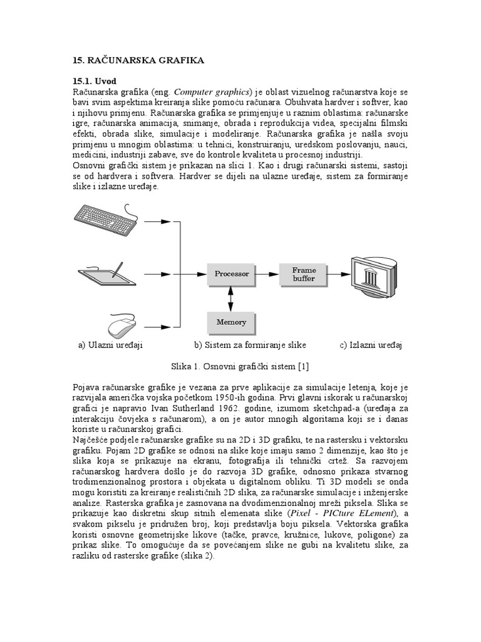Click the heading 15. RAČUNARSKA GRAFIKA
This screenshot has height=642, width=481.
(138, 60)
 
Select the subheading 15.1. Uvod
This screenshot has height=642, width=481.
(95, 81)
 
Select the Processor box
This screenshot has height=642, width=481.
(232, 274)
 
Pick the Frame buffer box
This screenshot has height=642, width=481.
(304, 274)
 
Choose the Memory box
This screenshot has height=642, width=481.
(231, 322)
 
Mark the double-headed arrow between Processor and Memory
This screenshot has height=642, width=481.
(231, 299)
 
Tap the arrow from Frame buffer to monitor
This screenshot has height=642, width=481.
(339, 274)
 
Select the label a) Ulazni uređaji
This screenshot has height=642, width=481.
(111, 345)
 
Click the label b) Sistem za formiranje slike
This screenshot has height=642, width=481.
(250, 345)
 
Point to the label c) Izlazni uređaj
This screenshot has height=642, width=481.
(371, 345)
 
